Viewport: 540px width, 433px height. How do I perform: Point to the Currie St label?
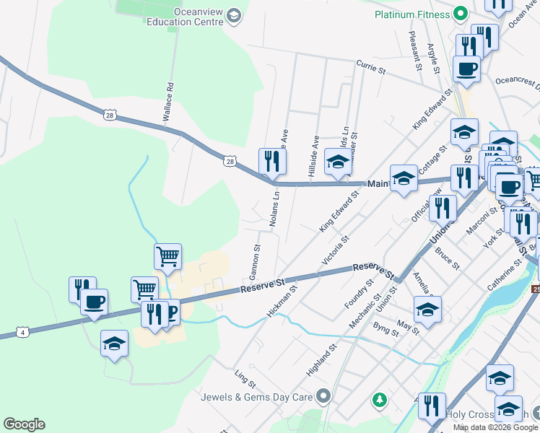372,68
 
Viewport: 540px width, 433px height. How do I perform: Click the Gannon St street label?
256,256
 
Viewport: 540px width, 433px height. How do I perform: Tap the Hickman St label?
282,302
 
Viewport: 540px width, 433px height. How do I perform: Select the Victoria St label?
335,248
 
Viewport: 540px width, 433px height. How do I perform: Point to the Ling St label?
245,376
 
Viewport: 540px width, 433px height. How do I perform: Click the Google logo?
24,424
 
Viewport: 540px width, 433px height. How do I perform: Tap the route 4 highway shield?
24,332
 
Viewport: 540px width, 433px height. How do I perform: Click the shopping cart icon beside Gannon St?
167,255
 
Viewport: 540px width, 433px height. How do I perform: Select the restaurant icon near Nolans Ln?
271,160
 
